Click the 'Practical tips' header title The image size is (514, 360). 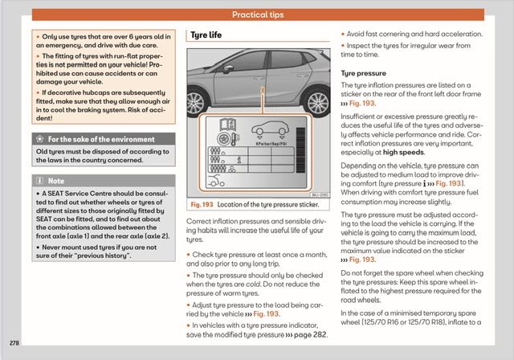point(257,14)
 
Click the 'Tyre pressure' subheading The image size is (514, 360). point(364,73)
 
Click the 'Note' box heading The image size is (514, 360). point(55,182)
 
